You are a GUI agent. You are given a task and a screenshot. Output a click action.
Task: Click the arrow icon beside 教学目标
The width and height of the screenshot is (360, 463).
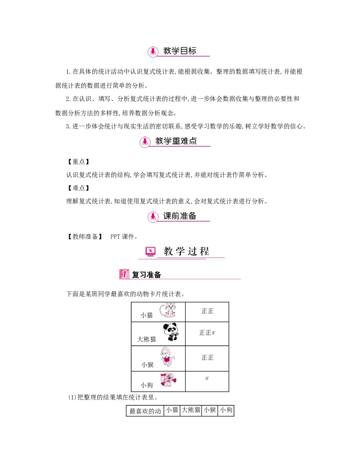click(153, 51)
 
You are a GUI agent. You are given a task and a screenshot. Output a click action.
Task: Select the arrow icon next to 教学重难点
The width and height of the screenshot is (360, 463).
click(144, 141)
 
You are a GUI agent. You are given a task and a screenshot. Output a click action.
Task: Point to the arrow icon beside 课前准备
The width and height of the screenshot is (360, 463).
click(153, 216)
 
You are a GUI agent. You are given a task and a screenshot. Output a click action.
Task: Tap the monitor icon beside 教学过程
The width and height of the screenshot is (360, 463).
click(150, 251)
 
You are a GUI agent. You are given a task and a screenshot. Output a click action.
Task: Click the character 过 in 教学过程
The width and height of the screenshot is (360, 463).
click(192, 251)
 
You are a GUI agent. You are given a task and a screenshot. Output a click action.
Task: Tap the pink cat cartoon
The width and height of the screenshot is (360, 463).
click(170, 311)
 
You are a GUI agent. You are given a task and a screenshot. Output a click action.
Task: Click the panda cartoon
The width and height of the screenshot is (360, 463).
click(171, 332)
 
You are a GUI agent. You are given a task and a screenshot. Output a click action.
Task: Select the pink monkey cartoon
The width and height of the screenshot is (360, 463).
click(167, 357)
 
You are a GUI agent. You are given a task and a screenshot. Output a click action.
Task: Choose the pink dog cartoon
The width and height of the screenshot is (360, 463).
click(169, 381)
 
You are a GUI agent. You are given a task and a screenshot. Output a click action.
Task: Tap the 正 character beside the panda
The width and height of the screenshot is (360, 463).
click(213, 332)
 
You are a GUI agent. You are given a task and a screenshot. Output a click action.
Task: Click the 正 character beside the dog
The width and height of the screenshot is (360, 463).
click(207, 378)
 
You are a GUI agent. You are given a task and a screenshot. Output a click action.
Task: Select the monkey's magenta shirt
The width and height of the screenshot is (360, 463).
click(168, 359)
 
